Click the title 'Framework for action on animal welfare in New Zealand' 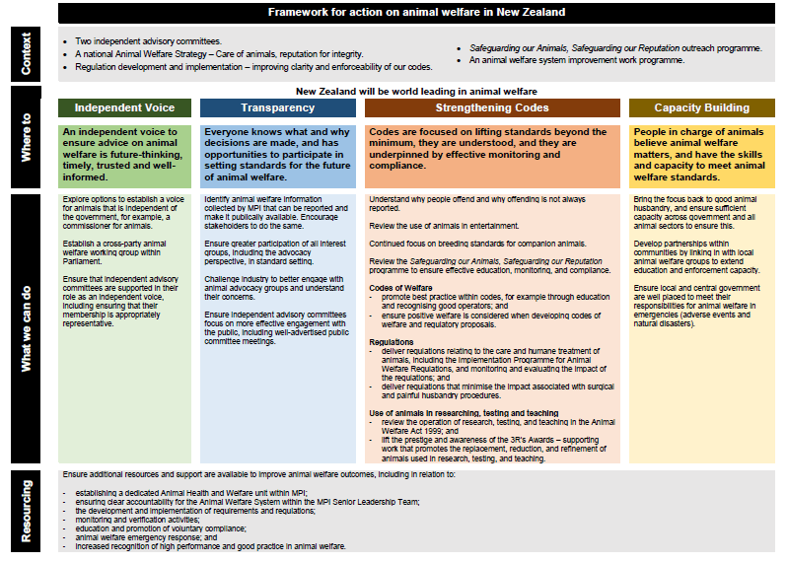pos(417,12)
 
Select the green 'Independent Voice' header pos(125,107)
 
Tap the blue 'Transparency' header pos(278,107)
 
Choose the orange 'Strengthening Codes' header pos(492,107)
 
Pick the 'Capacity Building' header pos(701,107)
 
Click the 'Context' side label pos(26,55)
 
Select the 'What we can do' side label pos(26,329)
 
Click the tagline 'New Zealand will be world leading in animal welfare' pos(416,91)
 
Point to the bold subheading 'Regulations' pos(391,341)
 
